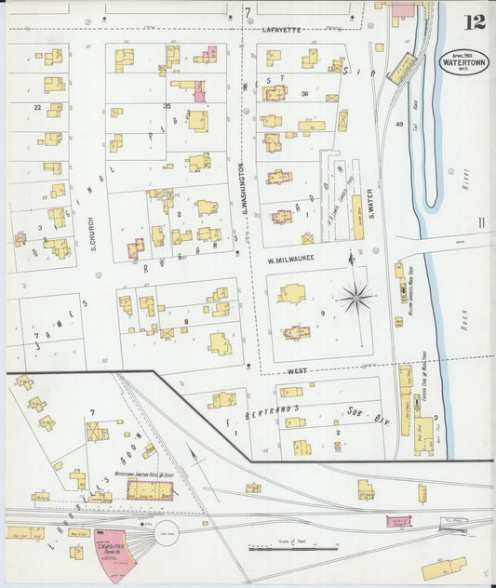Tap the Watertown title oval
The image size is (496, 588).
click(x=463, y=62)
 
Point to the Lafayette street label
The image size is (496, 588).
click(x=280, y=30)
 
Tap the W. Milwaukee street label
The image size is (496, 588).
click(x=291, y=259)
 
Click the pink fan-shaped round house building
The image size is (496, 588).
click(x=116, y=555)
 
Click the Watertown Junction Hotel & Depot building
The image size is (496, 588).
click(x=149, y=489)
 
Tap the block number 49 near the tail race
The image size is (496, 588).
click(x=399, y=125)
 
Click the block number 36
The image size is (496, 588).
click(x=304, y=93)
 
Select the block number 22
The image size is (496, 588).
click(x=37, y=108)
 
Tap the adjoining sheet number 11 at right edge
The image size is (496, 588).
click(x=480, y=221)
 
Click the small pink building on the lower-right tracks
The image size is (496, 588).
click(x=397, y=525)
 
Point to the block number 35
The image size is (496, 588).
click(x=168, y=106)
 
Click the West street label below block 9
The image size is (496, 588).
click(x=296, y=371)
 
